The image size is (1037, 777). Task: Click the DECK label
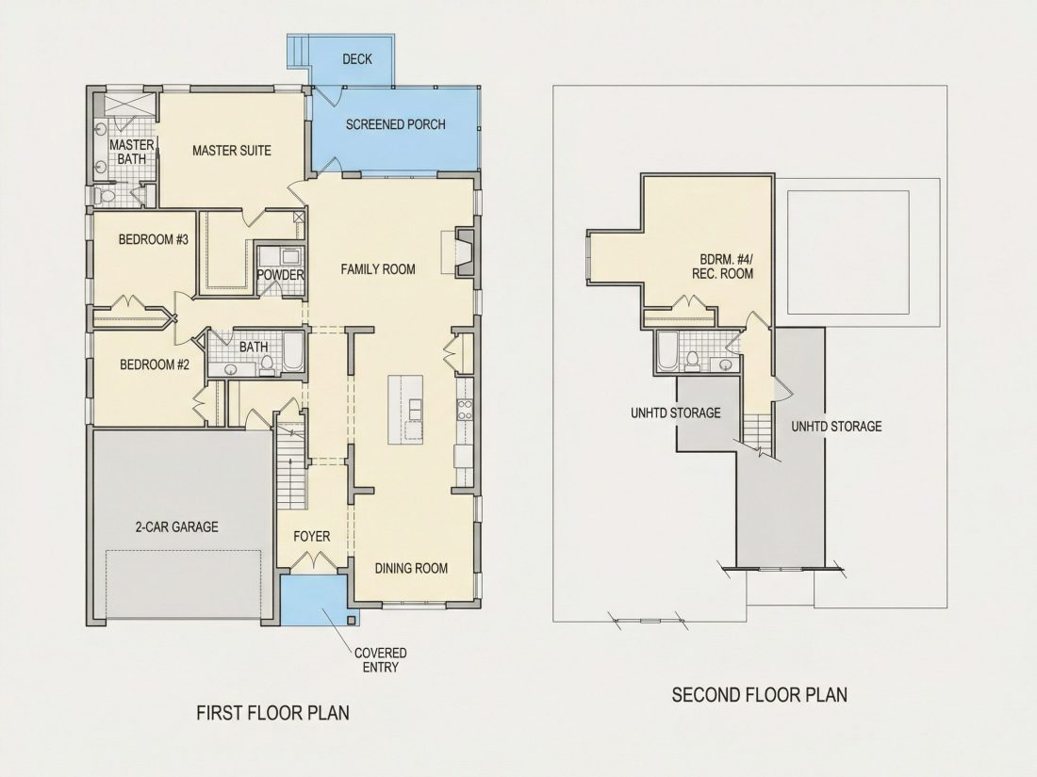[357, 59]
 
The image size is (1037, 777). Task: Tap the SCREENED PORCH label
[396, 124]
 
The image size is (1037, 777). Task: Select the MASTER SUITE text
[232, 151]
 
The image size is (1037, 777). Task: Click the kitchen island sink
[415, 410]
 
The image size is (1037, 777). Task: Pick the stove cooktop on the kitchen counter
[465, 410]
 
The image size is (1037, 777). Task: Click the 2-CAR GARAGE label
[176, 527]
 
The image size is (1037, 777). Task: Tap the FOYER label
[311, 537]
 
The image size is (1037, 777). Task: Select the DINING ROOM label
[411, 568]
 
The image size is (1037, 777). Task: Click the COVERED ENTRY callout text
[380, 660]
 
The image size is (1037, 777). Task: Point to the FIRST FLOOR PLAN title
[273, 713]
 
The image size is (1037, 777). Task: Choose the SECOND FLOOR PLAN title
[759, 695]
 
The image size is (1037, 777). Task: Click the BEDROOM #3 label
[154, 239]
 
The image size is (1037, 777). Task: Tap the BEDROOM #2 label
[155, 364]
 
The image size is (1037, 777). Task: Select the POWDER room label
[280, 275]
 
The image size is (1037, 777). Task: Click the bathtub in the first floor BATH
[293, 352]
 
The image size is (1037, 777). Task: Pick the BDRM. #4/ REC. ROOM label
[722, 267]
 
